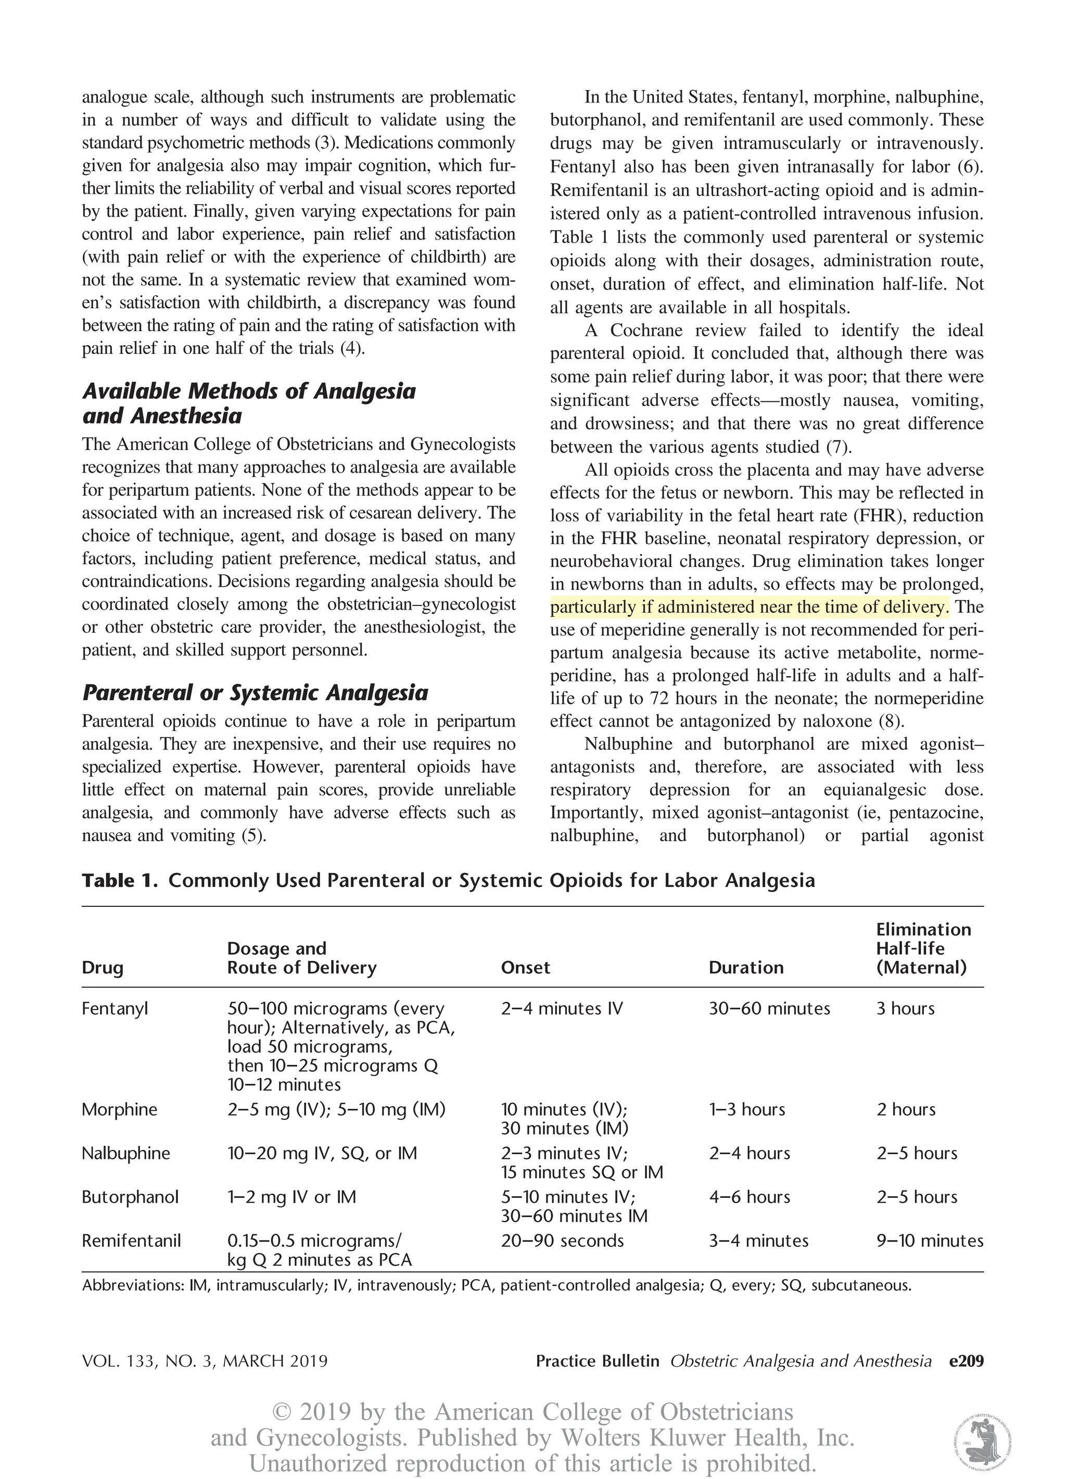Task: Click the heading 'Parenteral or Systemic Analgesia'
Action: click(255, 692)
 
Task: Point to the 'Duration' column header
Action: click(746, 967)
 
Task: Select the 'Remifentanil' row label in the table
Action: click(131, 1241)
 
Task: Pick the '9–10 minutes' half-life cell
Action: click(929, 1241)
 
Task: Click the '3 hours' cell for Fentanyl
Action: click(905, 1008)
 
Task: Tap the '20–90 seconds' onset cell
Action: click(562, 1241)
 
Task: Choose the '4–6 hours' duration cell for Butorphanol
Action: click(749, 1197)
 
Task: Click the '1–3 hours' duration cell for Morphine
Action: click(747, 1109)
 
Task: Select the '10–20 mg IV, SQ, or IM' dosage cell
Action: click(322, 1153)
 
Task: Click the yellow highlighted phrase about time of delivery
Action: click(748, 607)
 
